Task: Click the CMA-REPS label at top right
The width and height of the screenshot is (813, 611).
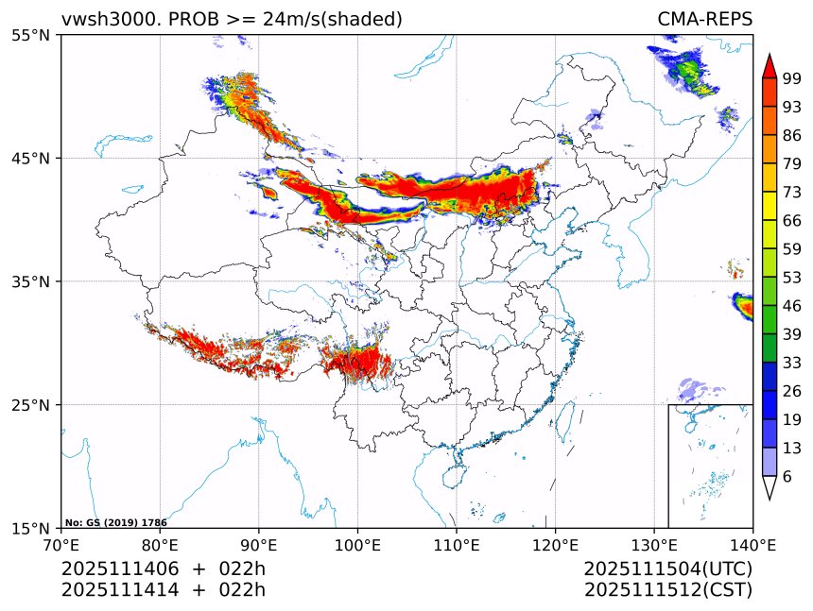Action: (x=704, y=19)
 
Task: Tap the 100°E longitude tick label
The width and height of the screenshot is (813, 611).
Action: (x=357, y=544)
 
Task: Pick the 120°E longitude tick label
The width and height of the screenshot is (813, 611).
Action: (x=555, y=544)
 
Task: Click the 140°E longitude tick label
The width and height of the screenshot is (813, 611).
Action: (x=752, y=544)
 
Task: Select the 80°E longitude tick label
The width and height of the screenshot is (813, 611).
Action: (x=160, y=544)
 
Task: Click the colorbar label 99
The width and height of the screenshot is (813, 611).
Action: (x=792, y=78)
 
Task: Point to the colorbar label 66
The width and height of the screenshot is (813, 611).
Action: (x=792, y=220)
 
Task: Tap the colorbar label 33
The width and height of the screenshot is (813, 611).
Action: (x=792, y=363)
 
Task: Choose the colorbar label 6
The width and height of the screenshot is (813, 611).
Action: (x=787, y=477)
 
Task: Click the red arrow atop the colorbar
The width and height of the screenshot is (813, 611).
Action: (x=770, y=66)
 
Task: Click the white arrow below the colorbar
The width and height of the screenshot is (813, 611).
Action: (x=770, y=487)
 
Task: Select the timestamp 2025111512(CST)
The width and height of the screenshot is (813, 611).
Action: (x=667, y=590)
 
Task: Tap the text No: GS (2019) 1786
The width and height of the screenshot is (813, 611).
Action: (x=116, y=522)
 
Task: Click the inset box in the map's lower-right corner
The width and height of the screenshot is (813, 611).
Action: (x=710, y=466)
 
